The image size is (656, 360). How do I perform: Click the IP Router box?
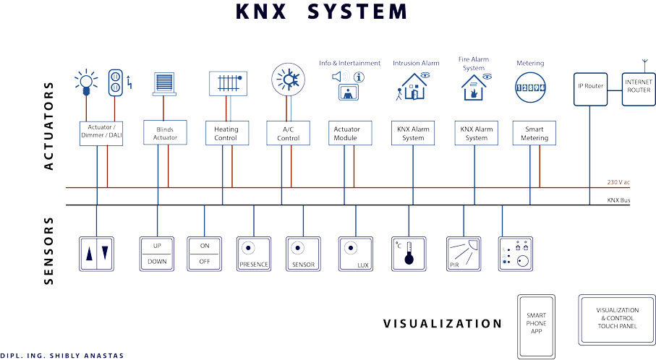pyautogui.click(x=590, y=88)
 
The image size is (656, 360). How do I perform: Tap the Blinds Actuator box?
pyautogui.click(x=165, y=133)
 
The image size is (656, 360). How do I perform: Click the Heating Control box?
pyautogui.click(x=226, y=133)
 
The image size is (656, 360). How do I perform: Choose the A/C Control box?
pyautogui.click(x=288, y=133)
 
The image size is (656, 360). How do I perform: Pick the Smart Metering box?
pyautogui.click(x=534, y=133)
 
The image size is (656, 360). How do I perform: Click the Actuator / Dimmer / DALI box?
pyautogui.click(x=99, y=133)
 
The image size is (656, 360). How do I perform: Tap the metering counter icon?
pyautogui.click(x=530, y=87)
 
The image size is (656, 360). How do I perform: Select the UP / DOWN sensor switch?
pyautogui.click(x=157, y=254)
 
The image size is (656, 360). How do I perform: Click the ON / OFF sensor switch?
pyautogui.click(x=205, y=254)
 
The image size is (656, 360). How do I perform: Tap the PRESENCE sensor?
pyautogui.click(x=253, y=254)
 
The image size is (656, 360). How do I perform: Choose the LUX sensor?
pyautogui.click(x=356, y=254)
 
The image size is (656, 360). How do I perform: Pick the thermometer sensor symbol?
pyautogui.click(x=409, y=254)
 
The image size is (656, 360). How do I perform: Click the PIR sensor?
pyautogui.click(x=464, y=254)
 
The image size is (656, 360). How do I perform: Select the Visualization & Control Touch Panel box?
pyautogui.click(x=617, y=318)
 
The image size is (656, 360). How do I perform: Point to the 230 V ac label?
pyautogui.click(x=618, y=182)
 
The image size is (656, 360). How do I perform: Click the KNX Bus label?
pyautogui.click(x=618, y=200)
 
